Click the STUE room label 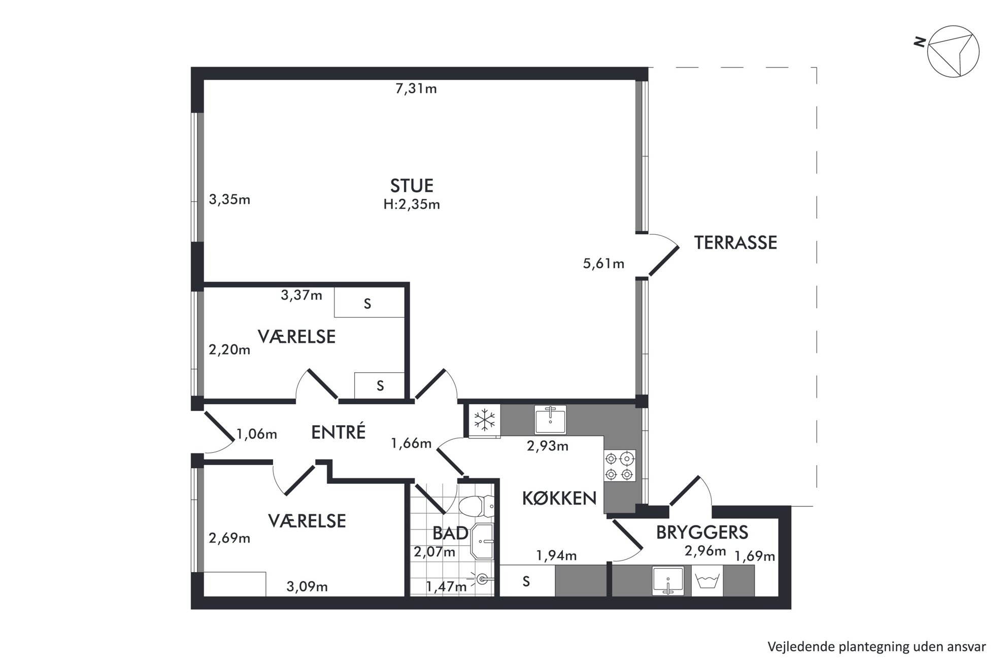click(412, 186)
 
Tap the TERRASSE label click(735, 243)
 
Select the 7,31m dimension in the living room click(416, 89)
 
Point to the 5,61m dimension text click(603, 264)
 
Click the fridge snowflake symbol click(484, 420)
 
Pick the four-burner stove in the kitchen click(620, 466)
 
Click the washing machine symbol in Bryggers click(707, 581)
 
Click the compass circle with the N click(953, 52)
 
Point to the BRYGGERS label click(702, 533)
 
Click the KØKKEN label click(559, 499)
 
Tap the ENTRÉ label click(338, 432)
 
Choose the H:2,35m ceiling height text click(412, 205)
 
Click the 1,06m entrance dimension click(257, 434)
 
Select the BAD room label click(450, 534)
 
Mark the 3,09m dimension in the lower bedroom click(307, 587)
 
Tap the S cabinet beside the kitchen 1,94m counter click(527, 581)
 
